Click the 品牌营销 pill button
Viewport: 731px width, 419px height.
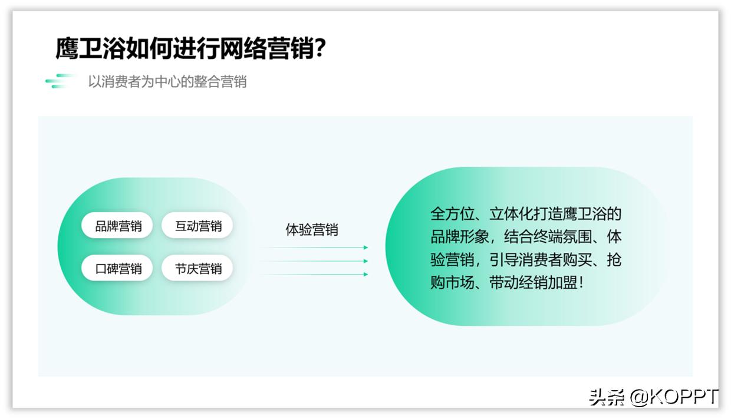coord(117,226)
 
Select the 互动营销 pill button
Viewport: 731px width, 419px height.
coord(197,226)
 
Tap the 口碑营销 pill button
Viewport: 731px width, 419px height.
coord(117,269)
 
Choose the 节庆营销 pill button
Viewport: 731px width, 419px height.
coord(197,269)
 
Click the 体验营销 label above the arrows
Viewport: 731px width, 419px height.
coord(312,230)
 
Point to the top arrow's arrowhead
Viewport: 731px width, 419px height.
coord(365,248)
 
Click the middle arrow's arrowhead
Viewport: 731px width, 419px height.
coord(365,261)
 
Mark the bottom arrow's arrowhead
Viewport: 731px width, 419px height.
coord(365,275)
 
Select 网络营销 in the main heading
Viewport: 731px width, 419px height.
coord(266,48)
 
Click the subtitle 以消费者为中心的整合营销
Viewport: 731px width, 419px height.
coord(167,81)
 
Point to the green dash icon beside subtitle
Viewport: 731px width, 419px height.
coord(60,81)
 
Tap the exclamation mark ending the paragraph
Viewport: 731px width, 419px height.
coord(582,283)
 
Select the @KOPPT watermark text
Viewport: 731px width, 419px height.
coord(674,397)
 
